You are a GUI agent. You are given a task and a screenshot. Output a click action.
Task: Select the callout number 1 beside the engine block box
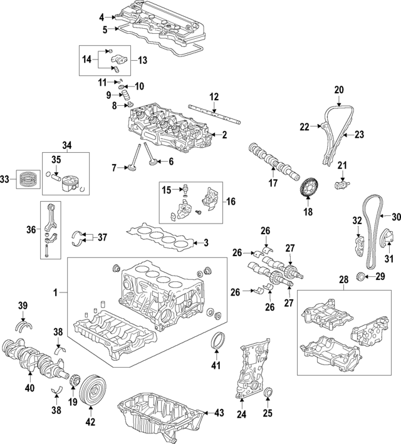(x=56, y=292)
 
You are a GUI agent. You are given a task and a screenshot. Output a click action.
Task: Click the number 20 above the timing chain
(x=339, y=90)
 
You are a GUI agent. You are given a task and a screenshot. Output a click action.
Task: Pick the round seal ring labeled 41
(x=219, y=343)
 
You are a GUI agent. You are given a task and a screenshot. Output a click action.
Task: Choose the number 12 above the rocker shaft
(x=214, y=97)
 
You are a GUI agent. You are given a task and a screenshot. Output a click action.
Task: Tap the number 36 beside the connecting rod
(x=31, y=230)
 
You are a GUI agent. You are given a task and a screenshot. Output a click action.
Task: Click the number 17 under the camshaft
(x=273, y=184)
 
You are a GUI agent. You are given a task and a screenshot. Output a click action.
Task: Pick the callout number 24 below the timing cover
(x=241, y=414)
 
